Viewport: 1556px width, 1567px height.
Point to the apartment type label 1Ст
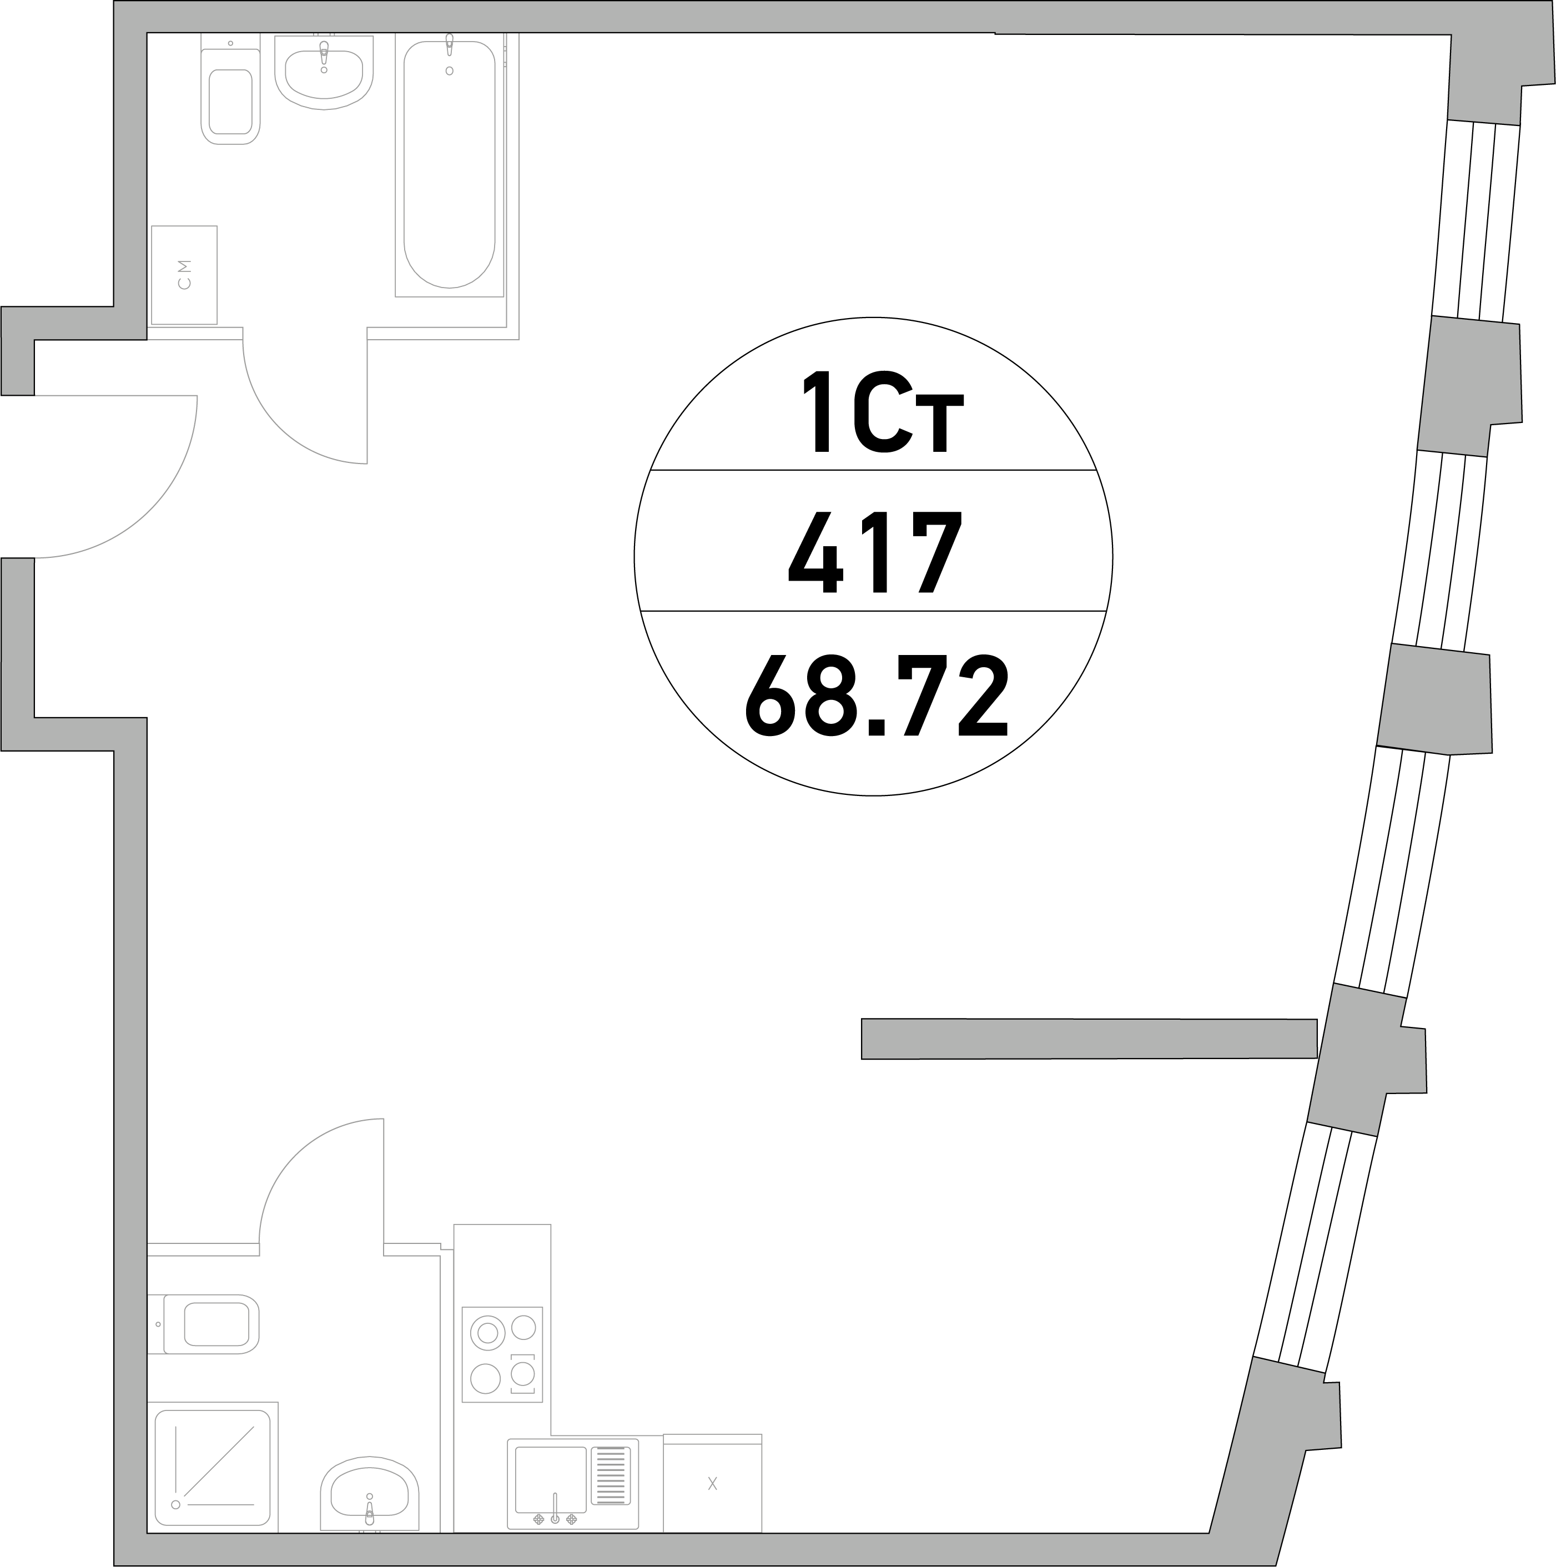882,411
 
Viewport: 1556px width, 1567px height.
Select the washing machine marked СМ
184,275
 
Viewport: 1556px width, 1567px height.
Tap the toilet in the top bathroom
230,89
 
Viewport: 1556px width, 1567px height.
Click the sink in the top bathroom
324,72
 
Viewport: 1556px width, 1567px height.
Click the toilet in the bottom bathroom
203,1324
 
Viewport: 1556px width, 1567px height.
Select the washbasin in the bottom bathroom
369,1497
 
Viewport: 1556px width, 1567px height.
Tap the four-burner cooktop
502,1354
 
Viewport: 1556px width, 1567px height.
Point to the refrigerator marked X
712,1483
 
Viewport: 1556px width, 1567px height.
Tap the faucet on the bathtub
450,44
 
